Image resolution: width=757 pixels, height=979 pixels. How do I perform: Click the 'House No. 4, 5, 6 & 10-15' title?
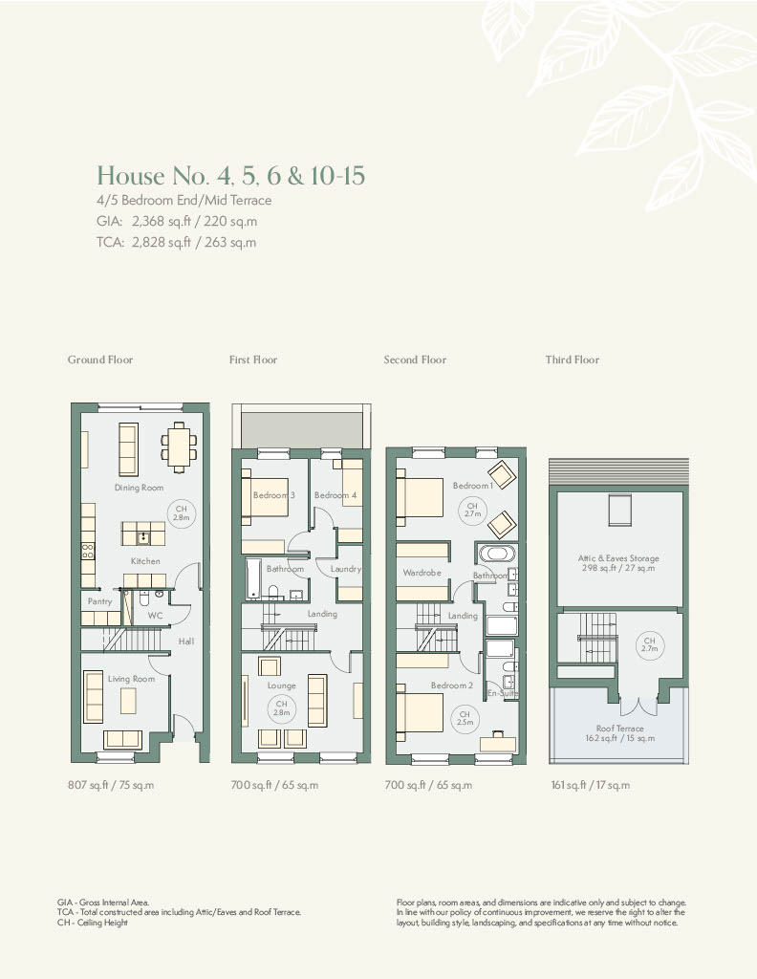pos(230,176)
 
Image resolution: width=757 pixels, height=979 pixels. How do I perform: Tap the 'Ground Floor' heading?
pos(99,359)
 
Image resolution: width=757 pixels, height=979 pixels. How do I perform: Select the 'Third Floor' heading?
pos(573,359)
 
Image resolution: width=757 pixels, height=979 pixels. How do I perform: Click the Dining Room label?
pos(139,488)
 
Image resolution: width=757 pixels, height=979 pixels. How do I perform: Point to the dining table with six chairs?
pos(179,446)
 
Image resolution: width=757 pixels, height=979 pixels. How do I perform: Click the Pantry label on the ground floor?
pos(99,601)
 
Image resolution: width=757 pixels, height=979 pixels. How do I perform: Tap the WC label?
pos(155,616)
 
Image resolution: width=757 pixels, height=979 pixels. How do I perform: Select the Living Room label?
pos(131,679)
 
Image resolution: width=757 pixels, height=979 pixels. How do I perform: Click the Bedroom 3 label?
pos(274,495)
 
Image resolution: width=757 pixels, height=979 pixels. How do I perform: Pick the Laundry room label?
pos(346,569)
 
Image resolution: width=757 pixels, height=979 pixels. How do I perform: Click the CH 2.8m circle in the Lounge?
pos(281,708)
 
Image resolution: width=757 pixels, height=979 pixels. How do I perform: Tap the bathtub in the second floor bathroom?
pos(497,554)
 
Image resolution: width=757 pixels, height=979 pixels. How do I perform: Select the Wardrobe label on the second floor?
pos(422,573)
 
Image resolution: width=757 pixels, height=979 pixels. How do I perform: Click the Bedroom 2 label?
pos(452,685)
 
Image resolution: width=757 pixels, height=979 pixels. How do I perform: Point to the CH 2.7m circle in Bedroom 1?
pos(472,511)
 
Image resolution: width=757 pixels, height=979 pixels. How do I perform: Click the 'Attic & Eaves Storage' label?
pos(618,558)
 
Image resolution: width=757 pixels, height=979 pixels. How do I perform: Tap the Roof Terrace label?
pos(619,728)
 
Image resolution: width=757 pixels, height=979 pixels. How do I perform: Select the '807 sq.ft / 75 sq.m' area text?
pos(111,785)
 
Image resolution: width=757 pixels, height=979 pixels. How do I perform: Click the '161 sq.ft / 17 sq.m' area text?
pos(591,785)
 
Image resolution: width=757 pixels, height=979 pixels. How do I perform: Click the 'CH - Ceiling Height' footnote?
pos(93,923)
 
